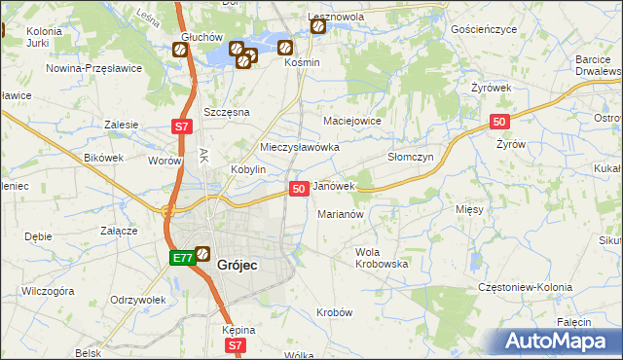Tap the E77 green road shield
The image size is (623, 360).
coord(181,258)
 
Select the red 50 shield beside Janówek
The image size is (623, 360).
coord(299,188)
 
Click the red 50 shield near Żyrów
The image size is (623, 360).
coord(498,121)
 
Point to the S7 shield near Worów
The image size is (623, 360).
coord(181,126)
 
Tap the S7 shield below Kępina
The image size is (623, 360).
coord(235,345)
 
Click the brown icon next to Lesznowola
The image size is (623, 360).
coord(318,26)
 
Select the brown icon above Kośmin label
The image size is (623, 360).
coord(285,47)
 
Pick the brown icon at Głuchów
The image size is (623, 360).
coord(180,50)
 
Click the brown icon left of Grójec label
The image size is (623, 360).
coord(202,255)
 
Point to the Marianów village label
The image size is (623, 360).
coord(340,214)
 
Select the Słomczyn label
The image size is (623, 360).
coord(410,156)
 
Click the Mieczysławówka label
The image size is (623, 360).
coord(299,147)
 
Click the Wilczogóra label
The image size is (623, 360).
coord(49,290)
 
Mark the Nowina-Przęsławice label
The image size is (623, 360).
coord(94,68)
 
